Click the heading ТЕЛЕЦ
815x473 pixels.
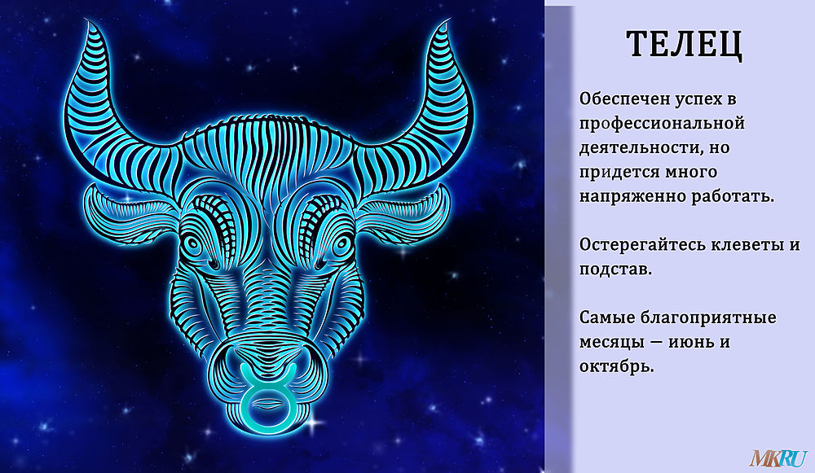(684, 45)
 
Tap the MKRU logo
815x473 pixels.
(778, 458)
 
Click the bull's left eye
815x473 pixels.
(193, 244)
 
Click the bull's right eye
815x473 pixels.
(341, 244)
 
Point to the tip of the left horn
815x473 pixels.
(86, 21)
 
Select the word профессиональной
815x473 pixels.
(662, 125)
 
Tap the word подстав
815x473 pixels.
(615, 269)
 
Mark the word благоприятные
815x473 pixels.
(707, 318)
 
